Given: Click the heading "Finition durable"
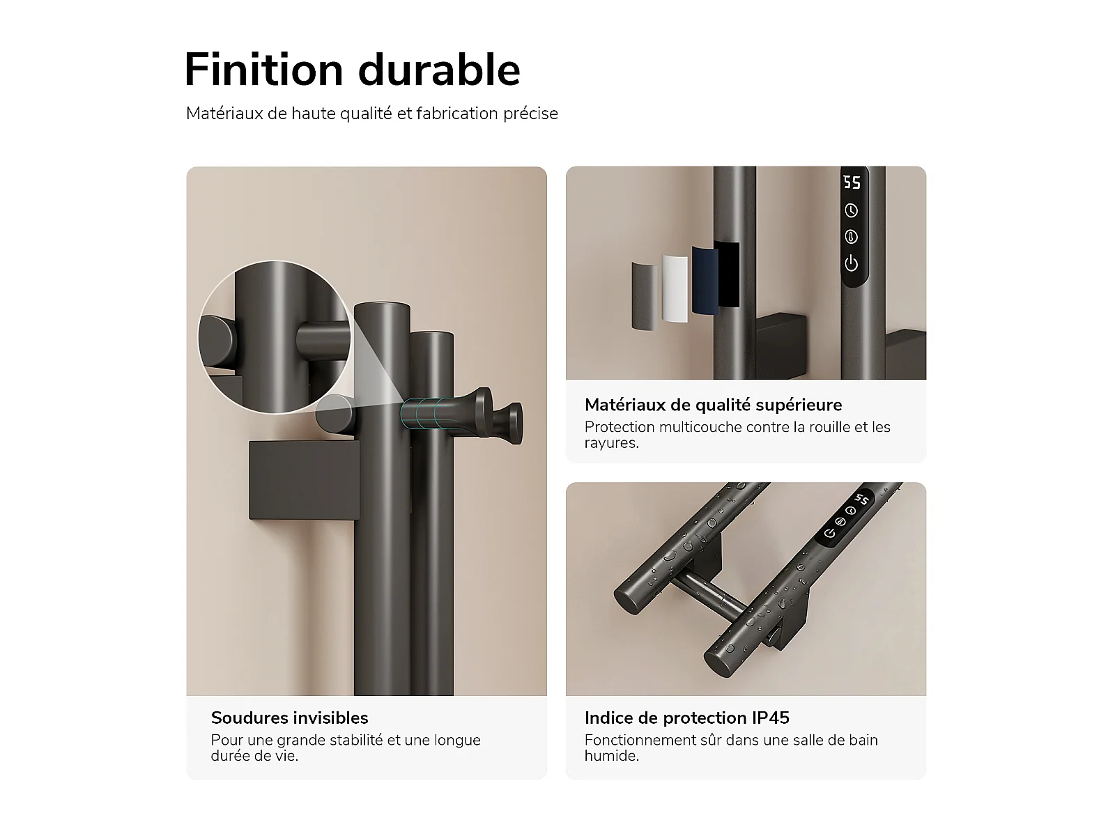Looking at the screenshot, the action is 352,70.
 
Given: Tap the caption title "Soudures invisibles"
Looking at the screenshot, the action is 289,718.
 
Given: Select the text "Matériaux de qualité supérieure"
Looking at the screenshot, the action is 713,405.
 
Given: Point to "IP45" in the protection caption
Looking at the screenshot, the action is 771,718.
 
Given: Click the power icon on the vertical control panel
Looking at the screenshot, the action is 852,263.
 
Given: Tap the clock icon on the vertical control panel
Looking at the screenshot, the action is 852,210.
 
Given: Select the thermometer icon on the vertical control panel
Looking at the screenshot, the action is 852,237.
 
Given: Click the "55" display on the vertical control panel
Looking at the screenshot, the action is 852,183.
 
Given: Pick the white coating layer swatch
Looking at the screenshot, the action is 675,288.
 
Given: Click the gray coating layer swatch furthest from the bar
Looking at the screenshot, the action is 644,296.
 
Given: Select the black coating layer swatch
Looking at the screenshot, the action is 727,274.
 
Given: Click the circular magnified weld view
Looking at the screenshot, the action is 275,337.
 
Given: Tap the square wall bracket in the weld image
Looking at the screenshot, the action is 304,480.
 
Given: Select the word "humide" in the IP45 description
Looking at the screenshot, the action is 611,756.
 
